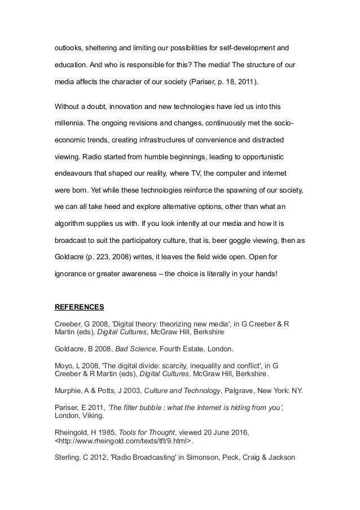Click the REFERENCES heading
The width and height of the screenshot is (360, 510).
79,308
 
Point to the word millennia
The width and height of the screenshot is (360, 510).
72,122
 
